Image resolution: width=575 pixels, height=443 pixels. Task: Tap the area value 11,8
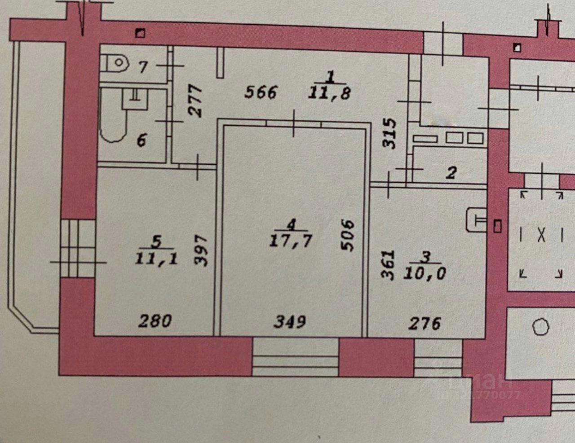point(330,93)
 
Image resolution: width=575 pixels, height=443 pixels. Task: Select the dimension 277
point(196,101)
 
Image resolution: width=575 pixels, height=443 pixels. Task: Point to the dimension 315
point(389,133)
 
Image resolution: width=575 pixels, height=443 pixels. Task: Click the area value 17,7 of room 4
point(291,241)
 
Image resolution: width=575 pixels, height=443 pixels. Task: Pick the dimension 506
point(348,235)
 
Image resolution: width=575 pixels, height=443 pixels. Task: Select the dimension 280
point(155,321)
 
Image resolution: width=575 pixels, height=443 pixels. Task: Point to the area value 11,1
point(156,258)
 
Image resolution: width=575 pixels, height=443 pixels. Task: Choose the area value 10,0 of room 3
point(425,272)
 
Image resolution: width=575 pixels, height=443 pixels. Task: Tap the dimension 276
point(425,323)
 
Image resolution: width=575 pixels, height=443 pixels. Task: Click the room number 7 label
point(143,67)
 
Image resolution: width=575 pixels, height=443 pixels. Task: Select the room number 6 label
point(141,141)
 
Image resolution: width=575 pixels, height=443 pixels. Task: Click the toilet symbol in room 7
point(113,63)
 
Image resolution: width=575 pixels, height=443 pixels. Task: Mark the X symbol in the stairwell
point(541,235)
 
